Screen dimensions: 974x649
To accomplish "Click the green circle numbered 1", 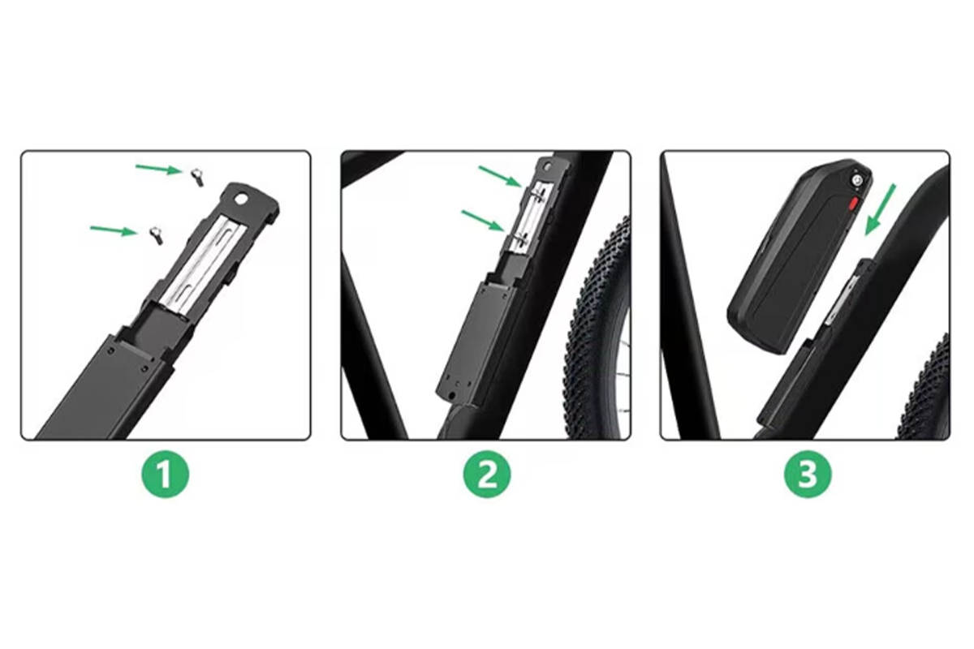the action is click(x=166, y=475).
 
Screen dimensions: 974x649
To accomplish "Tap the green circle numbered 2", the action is click(x=486, y=475).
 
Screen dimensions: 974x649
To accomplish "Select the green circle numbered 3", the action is click(x=808, y=475).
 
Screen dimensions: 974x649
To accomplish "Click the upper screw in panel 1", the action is click(x=197, y=178).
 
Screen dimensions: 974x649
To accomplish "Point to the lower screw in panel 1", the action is click(x=156, y=235).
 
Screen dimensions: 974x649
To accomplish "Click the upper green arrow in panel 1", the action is click(x=158, y=169).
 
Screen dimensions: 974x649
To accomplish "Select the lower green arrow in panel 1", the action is click(x=113, y=230).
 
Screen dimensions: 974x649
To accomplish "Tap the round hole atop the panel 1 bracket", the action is click(x=239, y=199).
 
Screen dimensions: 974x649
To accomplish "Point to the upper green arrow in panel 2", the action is click(x=499, y=176).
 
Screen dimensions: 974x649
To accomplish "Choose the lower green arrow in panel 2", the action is click(x=482, y=221).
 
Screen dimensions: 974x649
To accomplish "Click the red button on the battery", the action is click(x=853, y=204).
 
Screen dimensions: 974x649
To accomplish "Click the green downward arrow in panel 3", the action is click(x=880, y=209).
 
